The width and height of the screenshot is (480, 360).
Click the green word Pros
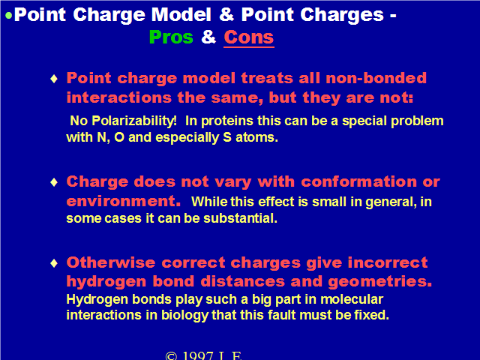(171, 37)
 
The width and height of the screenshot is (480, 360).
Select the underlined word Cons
(249, 37)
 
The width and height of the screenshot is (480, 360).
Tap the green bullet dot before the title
(9, 16)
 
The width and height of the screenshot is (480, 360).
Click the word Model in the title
(181, 15)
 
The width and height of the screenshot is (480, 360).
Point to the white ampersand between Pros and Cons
(208, 37)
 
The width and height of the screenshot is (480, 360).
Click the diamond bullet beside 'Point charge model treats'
(54, 79)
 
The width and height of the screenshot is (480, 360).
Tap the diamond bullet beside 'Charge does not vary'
(54, 182)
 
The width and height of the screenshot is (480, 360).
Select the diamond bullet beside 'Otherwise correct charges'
(54, 263)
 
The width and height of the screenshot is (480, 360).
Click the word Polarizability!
(134, 121)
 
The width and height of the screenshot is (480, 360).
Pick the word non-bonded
(376, 78)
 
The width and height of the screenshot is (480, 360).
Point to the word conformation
(358, 181)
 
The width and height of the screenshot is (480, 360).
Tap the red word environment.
(123, 202)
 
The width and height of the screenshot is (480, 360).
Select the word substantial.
(240, 218)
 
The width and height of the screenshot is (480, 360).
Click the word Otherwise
(111, 262)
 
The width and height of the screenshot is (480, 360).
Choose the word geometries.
(380, 282)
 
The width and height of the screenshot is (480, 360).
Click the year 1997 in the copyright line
(197, 355)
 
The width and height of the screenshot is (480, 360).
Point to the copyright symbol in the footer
(171, 355)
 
